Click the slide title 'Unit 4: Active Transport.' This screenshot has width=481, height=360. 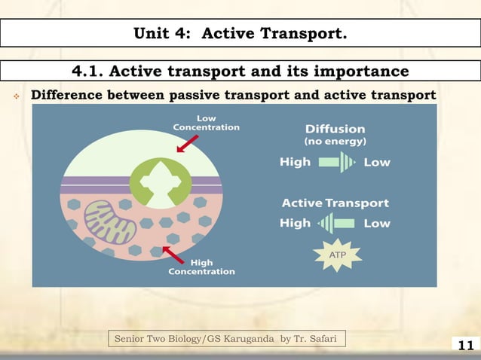click(x=240, y=33)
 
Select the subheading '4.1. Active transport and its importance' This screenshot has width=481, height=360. click(x=240, y=71)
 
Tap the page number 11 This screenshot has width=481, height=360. click(x=465, y=346)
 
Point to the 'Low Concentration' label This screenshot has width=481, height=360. click(x=206, y=123)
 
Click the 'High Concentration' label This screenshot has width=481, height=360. click(x=201, y=267)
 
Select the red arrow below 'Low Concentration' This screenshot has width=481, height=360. click(x=187, y=143)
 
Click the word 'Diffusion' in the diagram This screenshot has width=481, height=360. click(x=335, y=129)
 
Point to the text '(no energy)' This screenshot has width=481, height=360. click(x=335, y=142)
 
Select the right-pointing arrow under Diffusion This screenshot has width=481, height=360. click(x=336, y=162)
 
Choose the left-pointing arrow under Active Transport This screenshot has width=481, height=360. click(x=336, y=223)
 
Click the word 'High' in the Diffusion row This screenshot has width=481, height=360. click(x=295, y=162)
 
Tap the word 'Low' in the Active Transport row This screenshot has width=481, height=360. click(x=377, y=223)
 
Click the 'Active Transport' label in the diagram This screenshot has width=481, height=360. click(x=335, y=203)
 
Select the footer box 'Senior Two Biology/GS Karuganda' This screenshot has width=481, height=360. click(x=222, y=339)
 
